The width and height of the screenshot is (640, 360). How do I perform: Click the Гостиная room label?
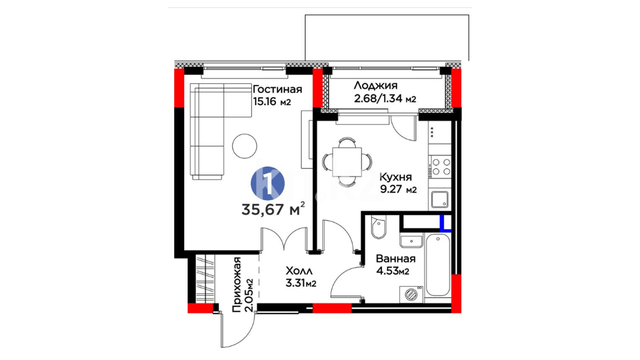click(x=277, y=89)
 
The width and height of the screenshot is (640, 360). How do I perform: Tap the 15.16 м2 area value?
click(x=272, y=101)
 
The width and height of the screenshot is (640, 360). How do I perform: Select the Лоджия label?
click(x=375, y=86)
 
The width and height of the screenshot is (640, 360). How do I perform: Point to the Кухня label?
click(x=396, y=177)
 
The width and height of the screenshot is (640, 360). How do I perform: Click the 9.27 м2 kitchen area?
click(x=398, y=189)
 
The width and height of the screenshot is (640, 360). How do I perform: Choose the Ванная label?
click(x=396, y=259)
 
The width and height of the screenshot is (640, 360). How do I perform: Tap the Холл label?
click(x=299, y=271)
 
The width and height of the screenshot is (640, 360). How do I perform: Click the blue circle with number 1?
click(x=267, y=184)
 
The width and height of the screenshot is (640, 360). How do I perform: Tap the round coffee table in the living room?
click(x=245, y=146)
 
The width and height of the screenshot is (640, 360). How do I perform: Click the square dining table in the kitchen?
click(x=347, y=162)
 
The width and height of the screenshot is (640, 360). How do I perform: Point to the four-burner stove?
click(x=440, y=167)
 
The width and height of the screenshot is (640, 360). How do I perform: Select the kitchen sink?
click(x=440, y=199)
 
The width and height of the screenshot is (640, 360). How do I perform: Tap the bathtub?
click(x=438, y=265)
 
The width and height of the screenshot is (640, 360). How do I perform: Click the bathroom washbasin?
click(x=412, y=241)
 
